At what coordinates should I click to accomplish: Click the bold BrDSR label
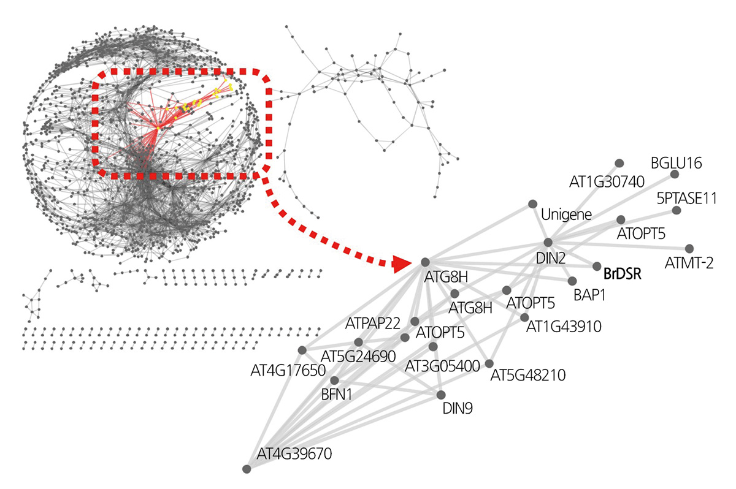pos(623,273)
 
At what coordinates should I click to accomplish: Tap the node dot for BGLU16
pos(675,174)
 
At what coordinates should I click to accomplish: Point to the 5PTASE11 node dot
pos(676,210)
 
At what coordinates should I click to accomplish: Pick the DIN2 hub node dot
pos(548,243)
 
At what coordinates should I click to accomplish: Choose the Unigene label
pos(566,215)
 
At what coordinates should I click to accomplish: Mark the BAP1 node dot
pos(572,281)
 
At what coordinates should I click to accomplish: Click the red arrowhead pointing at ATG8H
pos(402,263)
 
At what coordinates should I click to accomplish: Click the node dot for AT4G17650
pos(302,350)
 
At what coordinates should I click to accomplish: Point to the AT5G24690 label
pos(359,355)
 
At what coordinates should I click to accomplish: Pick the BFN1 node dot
pos(334,380)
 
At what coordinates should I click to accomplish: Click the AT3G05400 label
pos(442,366)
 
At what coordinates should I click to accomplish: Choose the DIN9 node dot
pos(440,394)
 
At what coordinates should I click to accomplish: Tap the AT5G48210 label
pos(528,374)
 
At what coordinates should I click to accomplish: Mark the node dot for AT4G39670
pos(247,469)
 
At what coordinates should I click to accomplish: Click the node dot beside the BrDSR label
pos(596,267)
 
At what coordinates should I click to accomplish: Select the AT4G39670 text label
pos(293,454)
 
